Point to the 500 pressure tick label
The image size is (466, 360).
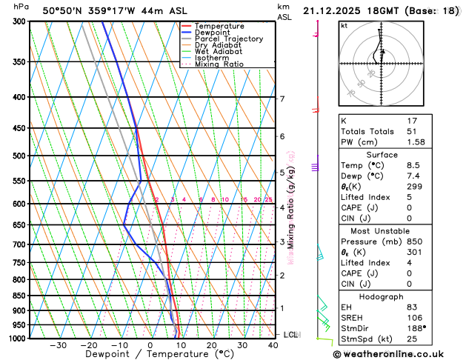pos(21,156)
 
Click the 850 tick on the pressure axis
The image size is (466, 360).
pos(21,296)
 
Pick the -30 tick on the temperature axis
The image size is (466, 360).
pos(58,345)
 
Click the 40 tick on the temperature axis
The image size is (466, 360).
pos(273,345)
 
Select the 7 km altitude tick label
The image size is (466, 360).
pos(282,99)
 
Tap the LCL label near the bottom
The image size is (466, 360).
pos(291,335)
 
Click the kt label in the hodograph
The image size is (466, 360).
pos(344,25)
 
